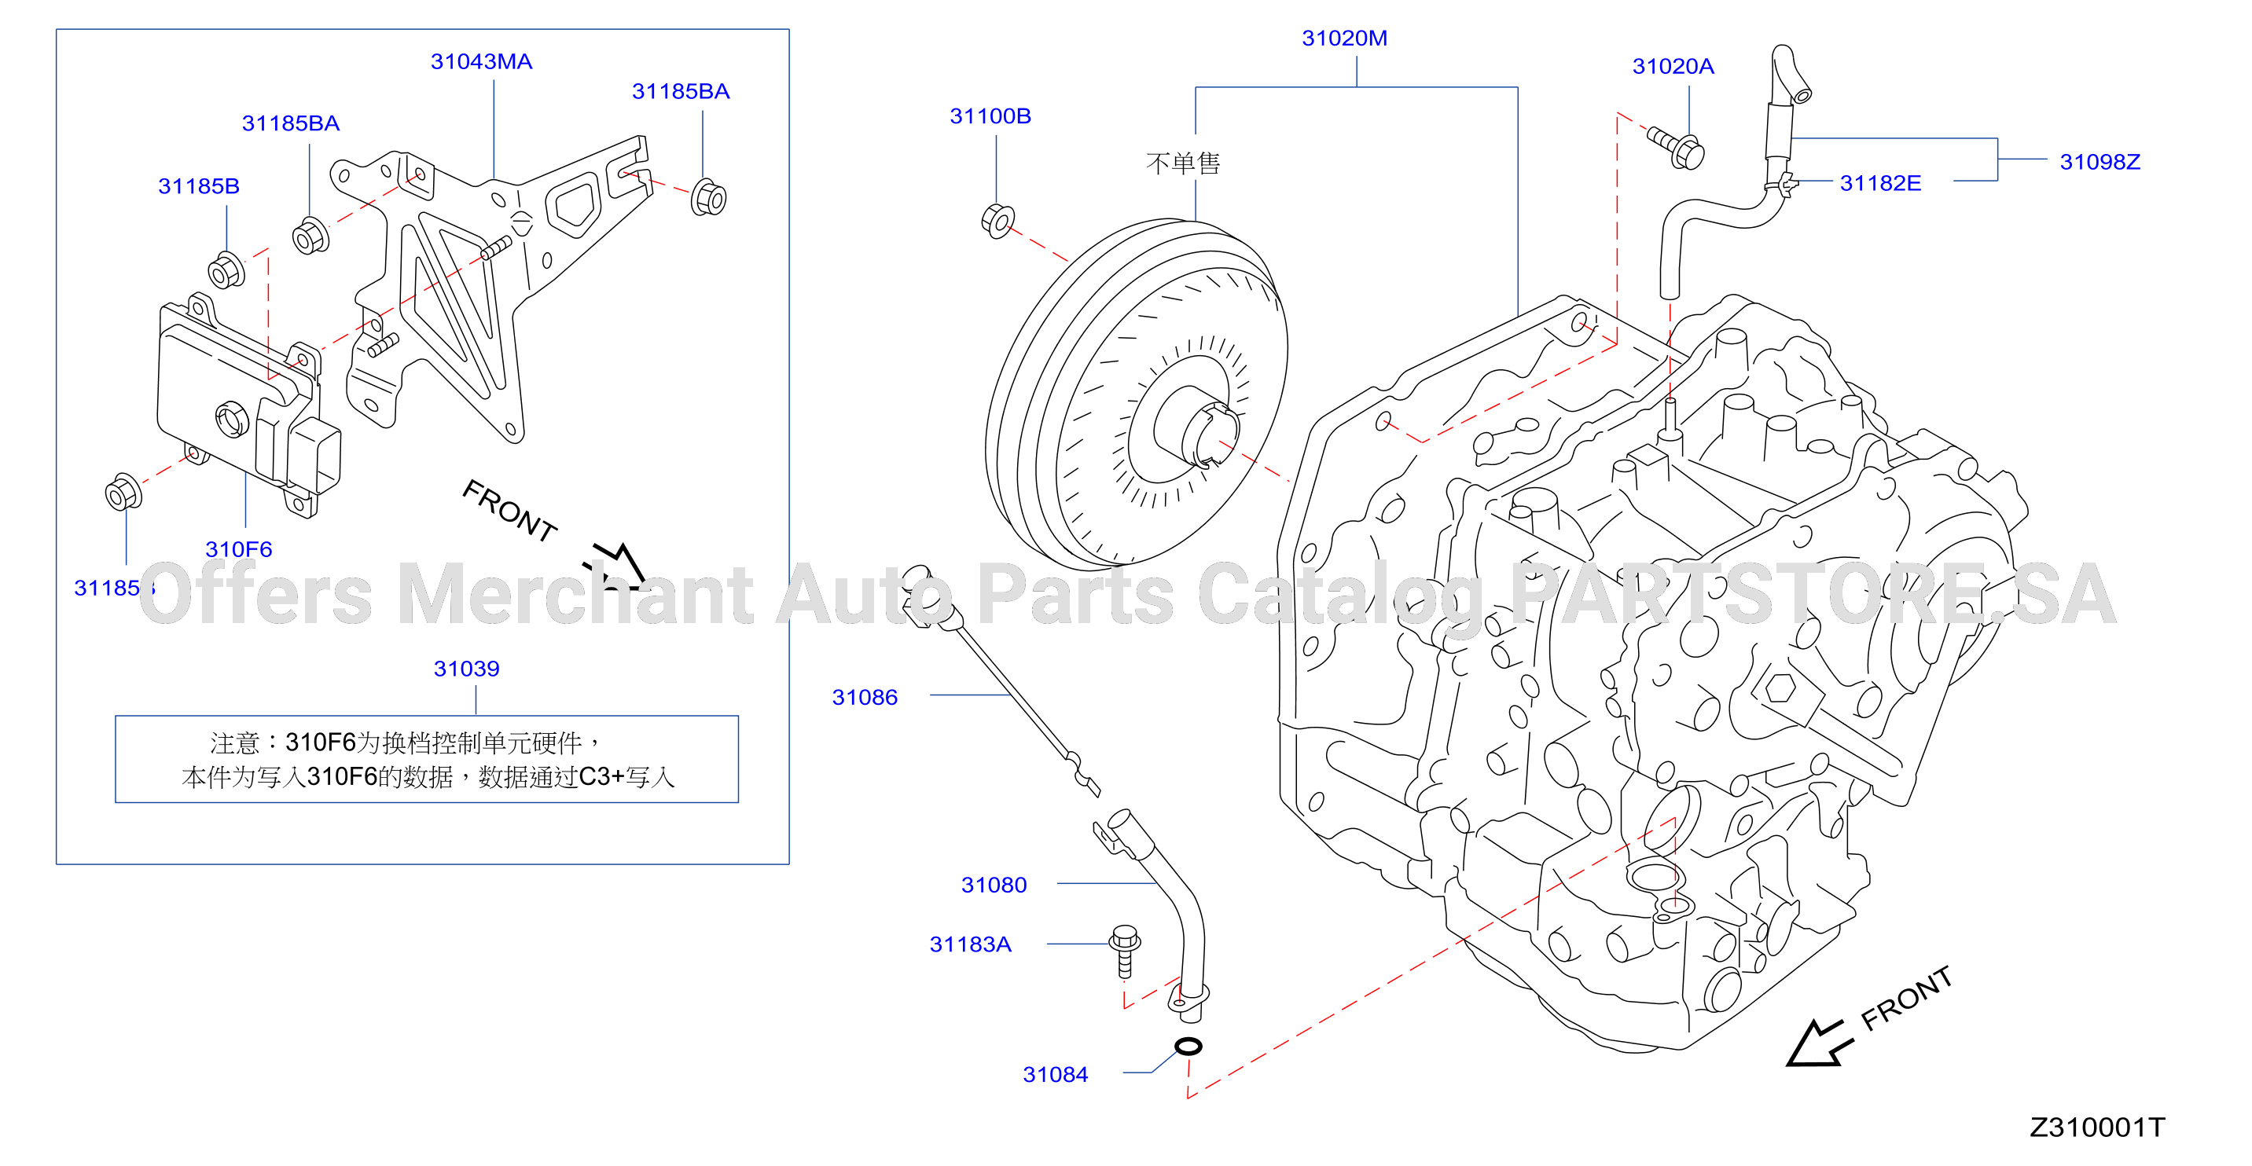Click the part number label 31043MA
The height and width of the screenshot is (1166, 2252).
point(481,62)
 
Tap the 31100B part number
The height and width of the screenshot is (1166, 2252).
point(990,116)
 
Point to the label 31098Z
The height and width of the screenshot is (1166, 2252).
point(2099,162)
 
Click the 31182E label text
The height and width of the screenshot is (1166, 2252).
point(1879,184)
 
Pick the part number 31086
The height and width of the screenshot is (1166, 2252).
point(864,698)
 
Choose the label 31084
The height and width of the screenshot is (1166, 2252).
point(1055,1075)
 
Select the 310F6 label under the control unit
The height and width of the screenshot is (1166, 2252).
point(239,550)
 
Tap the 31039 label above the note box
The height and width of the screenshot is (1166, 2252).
point(466,669)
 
